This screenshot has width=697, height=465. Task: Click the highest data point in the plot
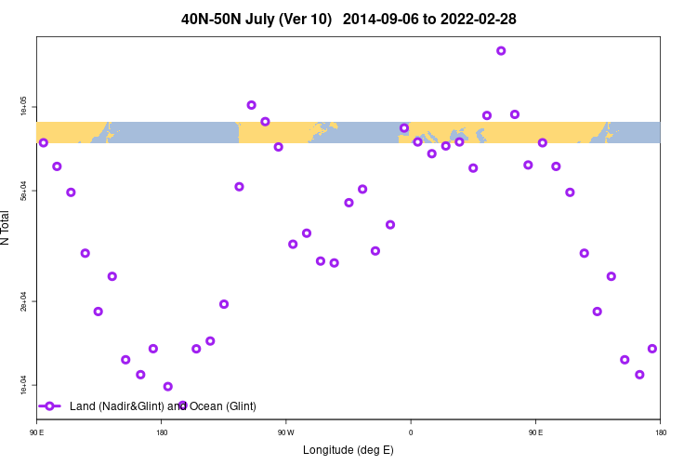[x=501, y=51]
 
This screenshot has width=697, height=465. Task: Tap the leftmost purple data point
[x=44, y=142]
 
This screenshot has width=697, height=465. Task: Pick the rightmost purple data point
[x=652, y=349]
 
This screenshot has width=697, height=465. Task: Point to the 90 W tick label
[x=286, y=432]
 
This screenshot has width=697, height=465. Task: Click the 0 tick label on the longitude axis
[x=411, y=432]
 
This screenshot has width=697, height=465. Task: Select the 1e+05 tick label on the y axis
[x=24, y=108]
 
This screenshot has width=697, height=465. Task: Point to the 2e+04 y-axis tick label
[x=24, y=301]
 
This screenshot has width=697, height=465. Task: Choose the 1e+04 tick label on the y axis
[x=24, y=385]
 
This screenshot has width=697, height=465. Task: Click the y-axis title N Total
[x=7, y=228]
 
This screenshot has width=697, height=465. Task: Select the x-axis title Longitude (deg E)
[x=348, y=450]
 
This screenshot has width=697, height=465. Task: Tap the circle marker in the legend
[x=50, y=406]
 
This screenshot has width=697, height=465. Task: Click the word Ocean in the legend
[x=207, y=406]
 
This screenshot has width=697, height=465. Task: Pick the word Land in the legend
[x=83, y=406]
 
